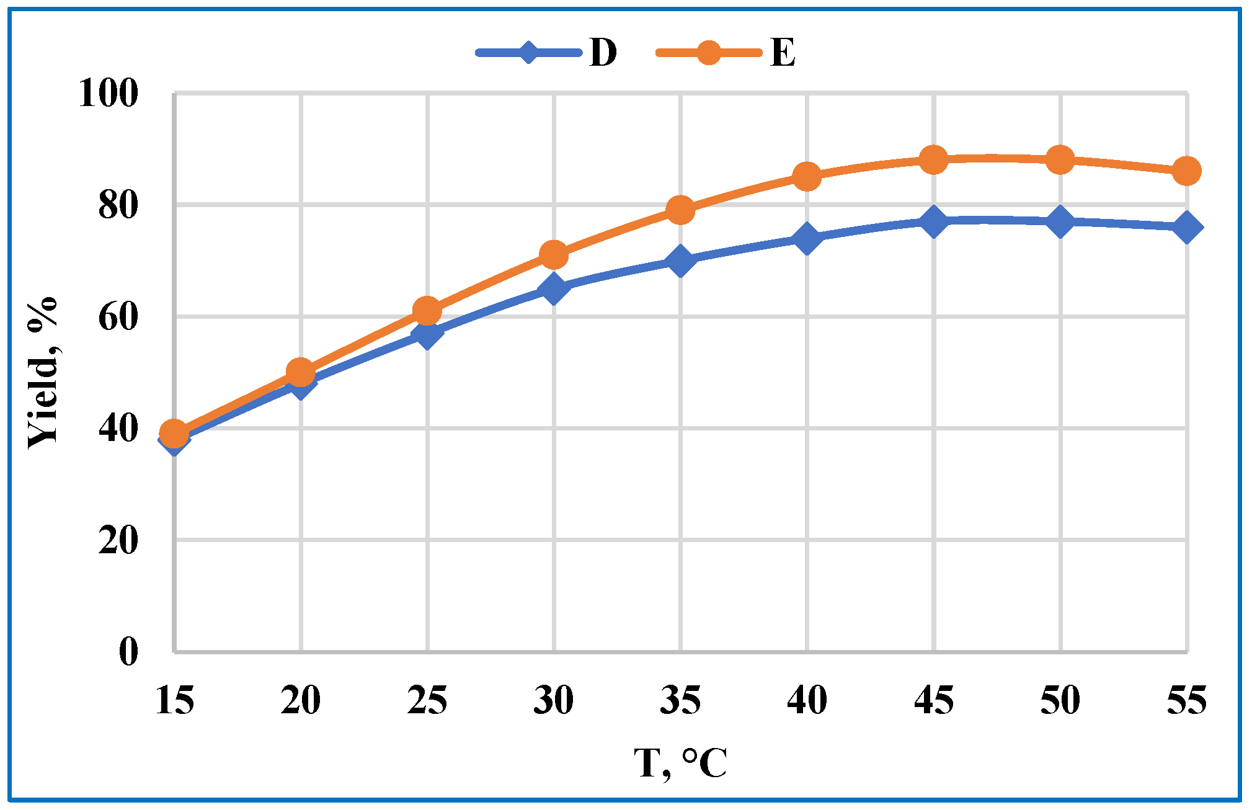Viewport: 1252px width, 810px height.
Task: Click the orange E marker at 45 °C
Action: click(x=933, y=160)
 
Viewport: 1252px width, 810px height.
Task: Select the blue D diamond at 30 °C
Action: click(x=554, y=288)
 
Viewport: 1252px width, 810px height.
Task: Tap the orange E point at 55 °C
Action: click(x=1186, y=171)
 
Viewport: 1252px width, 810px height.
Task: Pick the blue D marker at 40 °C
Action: click(x=807, y=238)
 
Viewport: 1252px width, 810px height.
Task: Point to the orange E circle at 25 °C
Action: click(x=427, y=310)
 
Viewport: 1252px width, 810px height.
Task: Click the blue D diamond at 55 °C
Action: click(x=1186, y=227)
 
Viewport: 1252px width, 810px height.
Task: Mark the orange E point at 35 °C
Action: click(x=680, y=210)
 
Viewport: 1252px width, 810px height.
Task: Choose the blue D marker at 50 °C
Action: click(x=1060, y=221)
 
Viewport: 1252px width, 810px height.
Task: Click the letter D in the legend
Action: click(x=603, y=53)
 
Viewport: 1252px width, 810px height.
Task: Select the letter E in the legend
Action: click(x=783, y=53)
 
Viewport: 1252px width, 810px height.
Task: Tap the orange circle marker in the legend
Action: click(x=709, y=53)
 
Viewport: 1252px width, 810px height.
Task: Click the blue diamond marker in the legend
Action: click(x=528, y=53)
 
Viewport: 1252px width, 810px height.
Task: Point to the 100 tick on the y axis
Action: click(x=108, y=94)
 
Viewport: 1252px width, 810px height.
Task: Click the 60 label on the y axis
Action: click(x=118, y=317)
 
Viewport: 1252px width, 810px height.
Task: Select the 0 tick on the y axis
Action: click(x=128, y=652)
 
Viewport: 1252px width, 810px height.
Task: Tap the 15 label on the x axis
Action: click(x=175, y=701)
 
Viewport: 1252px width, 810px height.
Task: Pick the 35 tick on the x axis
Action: click(x=680, y=701)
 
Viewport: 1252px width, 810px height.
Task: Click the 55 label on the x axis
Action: click(x=1186, y=701)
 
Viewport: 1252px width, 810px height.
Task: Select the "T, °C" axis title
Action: click(x=680, y=763)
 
